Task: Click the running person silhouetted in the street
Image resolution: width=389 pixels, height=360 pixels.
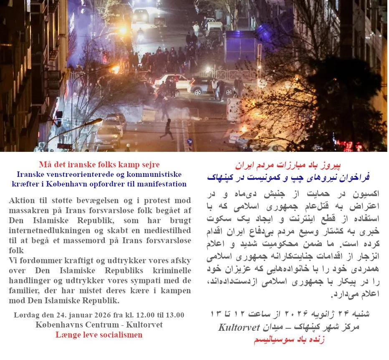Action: (x=168, y=128)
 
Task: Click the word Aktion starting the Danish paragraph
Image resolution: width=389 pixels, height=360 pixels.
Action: (x=22, y=200)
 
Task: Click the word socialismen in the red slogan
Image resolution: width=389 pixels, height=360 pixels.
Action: (x=119, y=335)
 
